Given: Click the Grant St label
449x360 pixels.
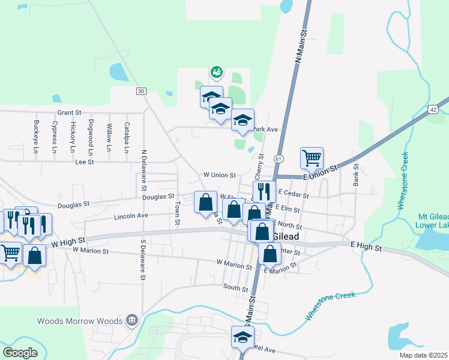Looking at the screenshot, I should coord(69,112).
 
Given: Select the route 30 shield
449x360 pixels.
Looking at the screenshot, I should coord(141,91).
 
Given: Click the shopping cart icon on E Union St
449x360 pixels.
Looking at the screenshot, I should coord(312,158).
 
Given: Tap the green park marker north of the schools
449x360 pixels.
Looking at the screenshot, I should coord(217,73).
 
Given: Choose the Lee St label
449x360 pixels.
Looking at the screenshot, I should coord(85,162).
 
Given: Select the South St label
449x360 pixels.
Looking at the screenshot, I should coord(236,289).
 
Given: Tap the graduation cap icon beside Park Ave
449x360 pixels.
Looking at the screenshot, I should coord(243,120).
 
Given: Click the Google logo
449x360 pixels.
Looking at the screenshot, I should coord(20,352).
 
